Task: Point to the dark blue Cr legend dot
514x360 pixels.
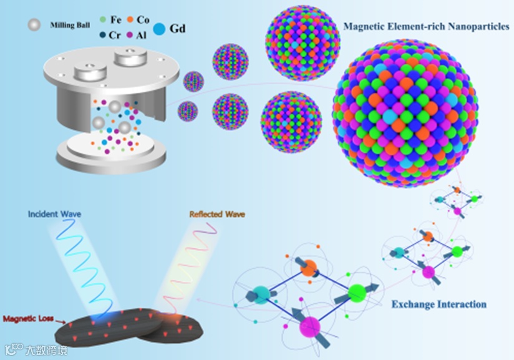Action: click(x=103, y=36)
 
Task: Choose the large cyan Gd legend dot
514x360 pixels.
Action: click(x=160, y=29)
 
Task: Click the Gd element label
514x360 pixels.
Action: click(x=178, y=29)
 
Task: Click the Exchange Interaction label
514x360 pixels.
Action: click(x=439, y=304)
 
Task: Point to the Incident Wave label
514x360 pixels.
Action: click(x=54, y=214)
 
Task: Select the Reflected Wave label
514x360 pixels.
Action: click(x=216, y=214)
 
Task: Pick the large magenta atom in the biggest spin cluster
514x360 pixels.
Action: click(x=310, y=326)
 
